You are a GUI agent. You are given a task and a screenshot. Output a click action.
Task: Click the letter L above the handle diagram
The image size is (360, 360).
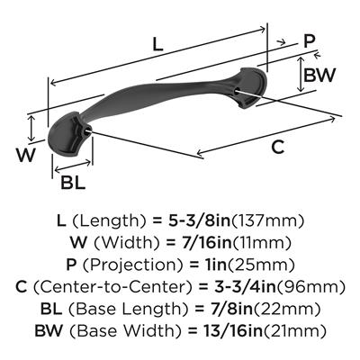coord(157,44)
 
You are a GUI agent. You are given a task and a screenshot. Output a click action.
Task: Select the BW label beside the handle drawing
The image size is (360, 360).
coord(319,75)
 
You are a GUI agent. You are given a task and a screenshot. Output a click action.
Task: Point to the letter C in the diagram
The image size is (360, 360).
coord(278,147)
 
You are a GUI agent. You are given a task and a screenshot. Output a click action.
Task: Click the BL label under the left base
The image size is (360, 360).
coord(73,183)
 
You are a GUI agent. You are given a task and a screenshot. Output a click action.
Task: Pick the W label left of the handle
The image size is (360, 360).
coord(26,155)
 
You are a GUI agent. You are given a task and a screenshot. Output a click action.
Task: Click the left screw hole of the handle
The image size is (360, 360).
coord(88,130)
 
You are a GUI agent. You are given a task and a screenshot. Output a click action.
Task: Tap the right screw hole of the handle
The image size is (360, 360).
coord(237,90)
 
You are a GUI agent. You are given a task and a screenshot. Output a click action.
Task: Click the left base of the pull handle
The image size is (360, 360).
coord(68,133)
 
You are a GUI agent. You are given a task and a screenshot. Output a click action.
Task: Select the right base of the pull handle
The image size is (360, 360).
coord(251,87)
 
